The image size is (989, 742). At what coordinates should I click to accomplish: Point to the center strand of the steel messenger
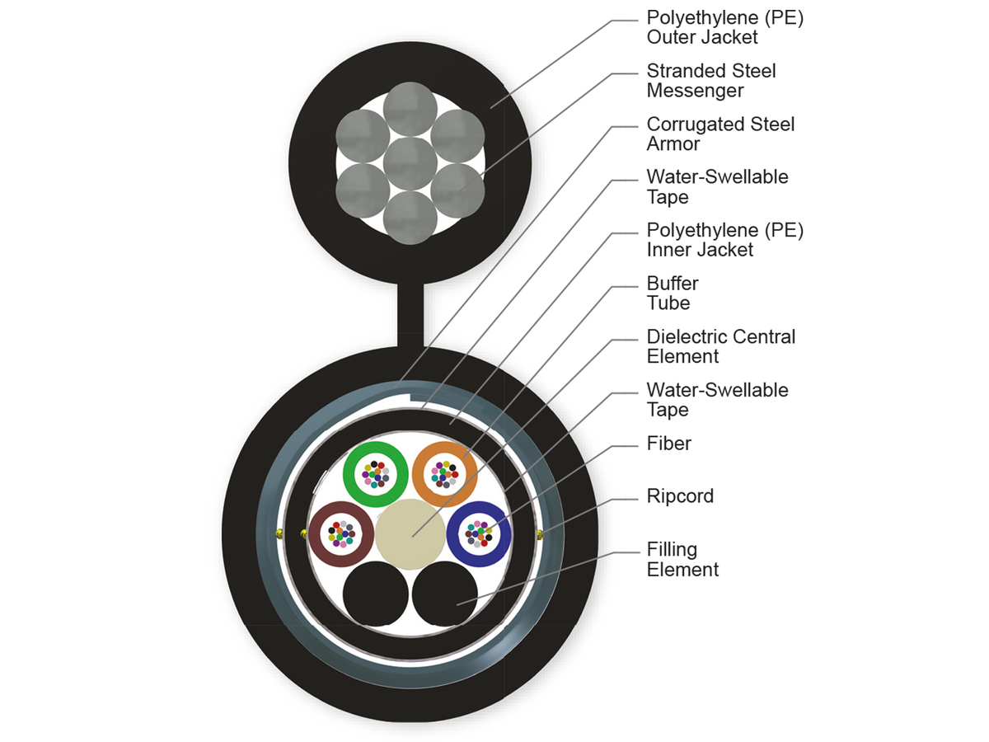[x=410, y=163]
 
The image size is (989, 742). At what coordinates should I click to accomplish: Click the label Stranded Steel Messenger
[x=710, y=81]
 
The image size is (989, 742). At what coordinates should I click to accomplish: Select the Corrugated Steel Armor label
[x=720, y=134]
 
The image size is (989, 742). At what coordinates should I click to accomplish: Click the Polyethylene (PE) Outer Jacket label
[x=724, y=27]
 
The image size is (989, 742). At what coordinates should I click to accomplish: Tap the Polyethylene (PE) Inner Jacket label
[x=724, y=240]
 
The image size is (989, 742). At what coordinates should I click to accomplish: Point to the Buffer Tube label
[x=672, y=294]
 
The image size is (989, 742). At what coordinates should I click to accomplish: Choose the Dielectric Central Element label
[x=720, y=346]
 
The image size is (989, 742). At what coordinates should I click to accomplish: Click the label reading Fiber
[x=668, y=444]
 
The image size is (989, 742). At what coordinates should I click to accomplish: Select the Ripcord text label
[x=680, y=496]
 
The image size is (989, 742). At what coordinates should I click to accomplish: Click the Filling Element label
[x=682, y=559]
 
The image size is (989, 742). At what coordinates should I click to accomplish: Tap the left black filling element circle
[x=375, y=595]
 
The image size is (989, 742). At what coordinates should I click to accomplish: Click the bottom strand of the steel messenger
[x=410, y=218]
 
